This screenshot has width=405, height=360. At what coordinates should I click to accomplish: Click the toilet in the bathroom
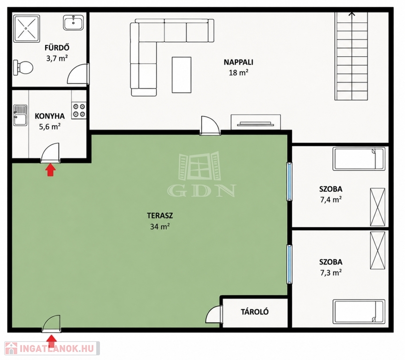[x=23, y=68]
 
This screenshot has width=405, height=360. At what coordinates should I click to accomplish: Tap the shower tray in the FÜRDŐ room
[x=27, y=29]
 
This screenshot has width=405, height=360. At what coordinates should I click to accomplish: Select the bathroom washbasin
[x=73, y=22]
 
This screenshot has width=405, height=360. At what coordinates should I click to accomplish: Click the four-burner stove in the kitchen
[x=79, y=110]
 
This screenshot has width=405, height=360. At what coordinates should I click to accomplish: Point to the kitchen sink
[x=20, y=115]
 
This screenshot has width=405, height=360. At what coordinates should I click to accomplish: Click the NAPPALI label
[x=238, y=62]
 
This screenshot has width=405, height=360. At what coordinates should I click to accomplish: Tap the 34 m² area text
[x=160, y=226]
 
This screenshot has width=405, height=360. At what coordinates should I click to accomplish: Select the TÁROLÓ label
[x=255, y=312]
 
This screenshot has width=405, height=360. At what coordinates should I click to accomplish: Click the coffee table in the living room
[x=182, y=75]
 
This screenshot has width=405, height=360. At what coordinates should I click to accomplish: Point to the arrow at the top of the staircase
[x=352, y=14]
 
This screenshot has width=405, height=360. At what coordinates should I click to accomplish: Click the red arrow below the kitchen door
[x=51, y=171]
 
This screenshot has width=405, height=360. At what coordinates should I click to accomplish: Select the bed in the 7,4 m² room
[x=359, y=159]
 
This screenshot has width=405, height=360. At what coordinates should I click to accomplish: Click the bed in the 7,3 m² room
[x=359, y=311]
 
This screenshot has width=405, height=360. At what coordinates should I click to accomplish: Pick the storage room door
[x=214, y=314]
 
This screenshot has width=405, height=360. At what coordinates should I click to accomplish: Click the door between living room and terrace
[x=210, y=126]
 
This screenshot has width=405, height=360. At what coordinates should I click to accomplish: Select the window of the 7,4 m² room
[x=290, y=181]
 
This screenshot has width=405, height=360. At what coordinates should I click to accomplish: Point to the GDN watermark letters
[x=201, y=190]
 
